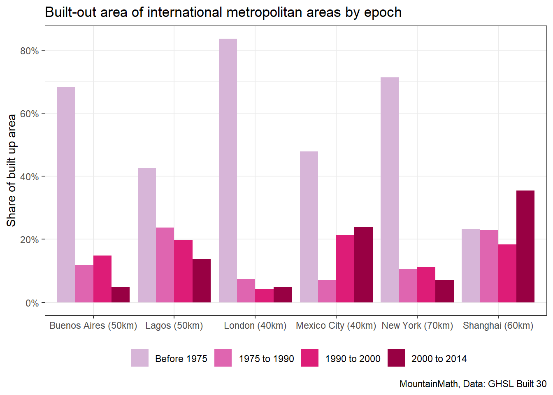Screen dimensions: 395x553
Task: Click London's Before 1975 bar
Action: click(228, 170)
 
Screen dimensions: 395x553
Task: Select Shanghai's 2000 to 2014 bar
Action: click(525, 246)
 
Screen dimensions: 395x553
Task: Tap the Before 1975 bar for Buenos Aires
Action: click(66, 195)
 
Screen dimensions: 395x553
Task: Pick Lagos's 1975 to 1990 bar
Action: click(165, 265)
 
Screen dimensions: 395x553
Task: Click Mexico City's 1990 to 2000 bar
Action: click(345, 269)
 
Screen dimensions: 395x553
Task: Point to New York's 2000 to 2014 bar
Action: click(444, 291)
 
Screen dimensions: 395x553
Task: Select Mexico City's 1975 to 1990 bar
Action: click(327, 291)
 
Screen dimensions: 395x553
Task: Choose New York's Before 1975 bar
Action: click(390, 190)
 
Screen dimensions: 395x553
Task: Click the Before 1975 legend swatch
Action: click(140, 358)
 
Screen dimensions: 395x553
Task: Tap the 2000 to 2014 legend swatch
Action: click(396, 358)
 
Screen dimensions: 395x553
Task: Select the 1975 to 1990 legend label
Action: click(266, 359)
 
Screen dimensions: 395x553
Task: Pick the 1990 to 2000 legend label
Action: click(353, 359)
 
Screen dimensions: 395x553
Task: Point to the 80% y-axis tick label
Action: click(29, 51)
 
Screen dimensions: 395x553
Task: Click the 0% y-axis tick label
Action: click(32, 303)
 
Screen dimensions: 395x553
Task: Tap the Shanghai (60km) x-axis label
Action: click(498, 326)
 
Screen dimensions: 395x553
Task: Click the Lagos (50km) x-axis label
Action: click(174, 326)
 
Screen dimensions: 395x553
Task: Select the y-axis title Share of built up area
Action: click(12, 170)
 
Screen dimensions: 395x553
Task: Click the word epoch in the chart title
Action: click(383, 12)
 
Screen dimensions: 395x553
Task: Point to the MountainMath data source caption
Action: click(473, 384)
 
